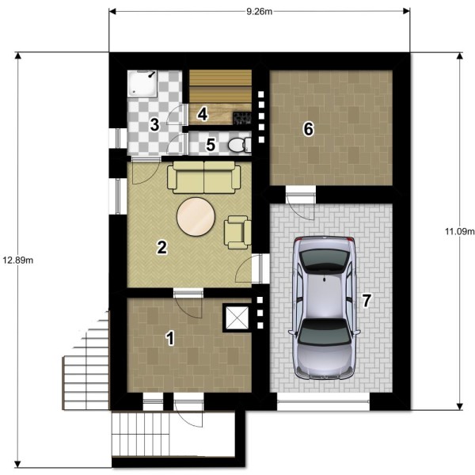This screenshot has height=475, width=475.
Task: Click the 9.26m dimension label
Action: [260, 12]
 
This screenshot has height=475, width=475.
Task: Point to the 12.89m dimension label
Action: [18, 260]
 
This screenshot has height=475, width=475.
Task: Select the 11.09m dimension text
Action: [459, 231]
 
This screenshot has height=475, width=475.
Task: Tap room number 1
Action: [170, 338]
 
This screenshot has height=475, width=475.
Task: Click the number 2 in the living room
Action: [161, 247]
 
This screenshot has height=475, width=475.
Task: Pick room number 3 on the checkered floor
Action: [154, 124]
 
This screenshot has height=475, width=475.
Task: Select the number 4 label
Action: [203, 115]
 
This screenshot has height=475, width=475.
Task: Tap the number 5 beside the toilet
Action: [211, 144]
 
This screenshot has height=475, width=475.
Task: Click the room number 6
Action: [309, 129]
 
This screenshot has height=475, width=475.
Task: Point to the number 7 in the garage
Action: [367, 301]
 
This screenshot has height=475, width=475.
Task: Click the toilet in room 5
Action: [240, 145]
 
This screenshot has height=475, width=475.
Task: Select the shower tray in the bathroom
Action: [142, 84]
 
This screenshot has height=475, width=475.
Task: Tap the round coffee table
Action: [196, 217]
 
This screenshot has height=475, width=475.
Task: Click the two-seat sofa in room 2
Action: [204, 177]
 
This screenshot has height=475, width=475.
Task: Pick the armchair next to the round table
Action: [237, 232]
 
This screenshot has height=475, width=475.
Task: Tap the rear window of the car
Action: [324, 260]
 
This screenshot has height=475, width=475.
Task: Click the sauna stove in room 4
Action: [242, 118]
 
